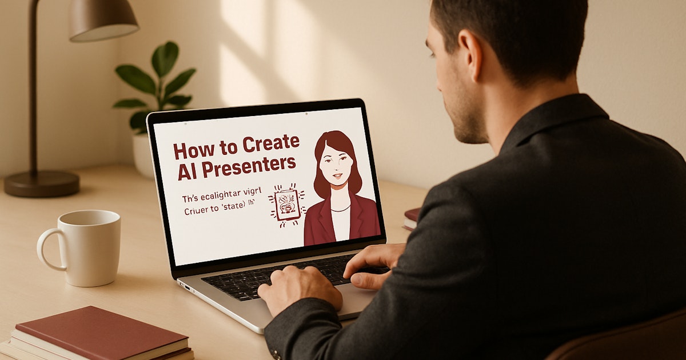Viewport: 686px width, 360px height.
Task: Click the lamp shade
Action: click(103, 19)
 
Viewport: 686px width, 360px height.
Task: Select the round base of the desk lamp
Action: click(41, 183)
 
